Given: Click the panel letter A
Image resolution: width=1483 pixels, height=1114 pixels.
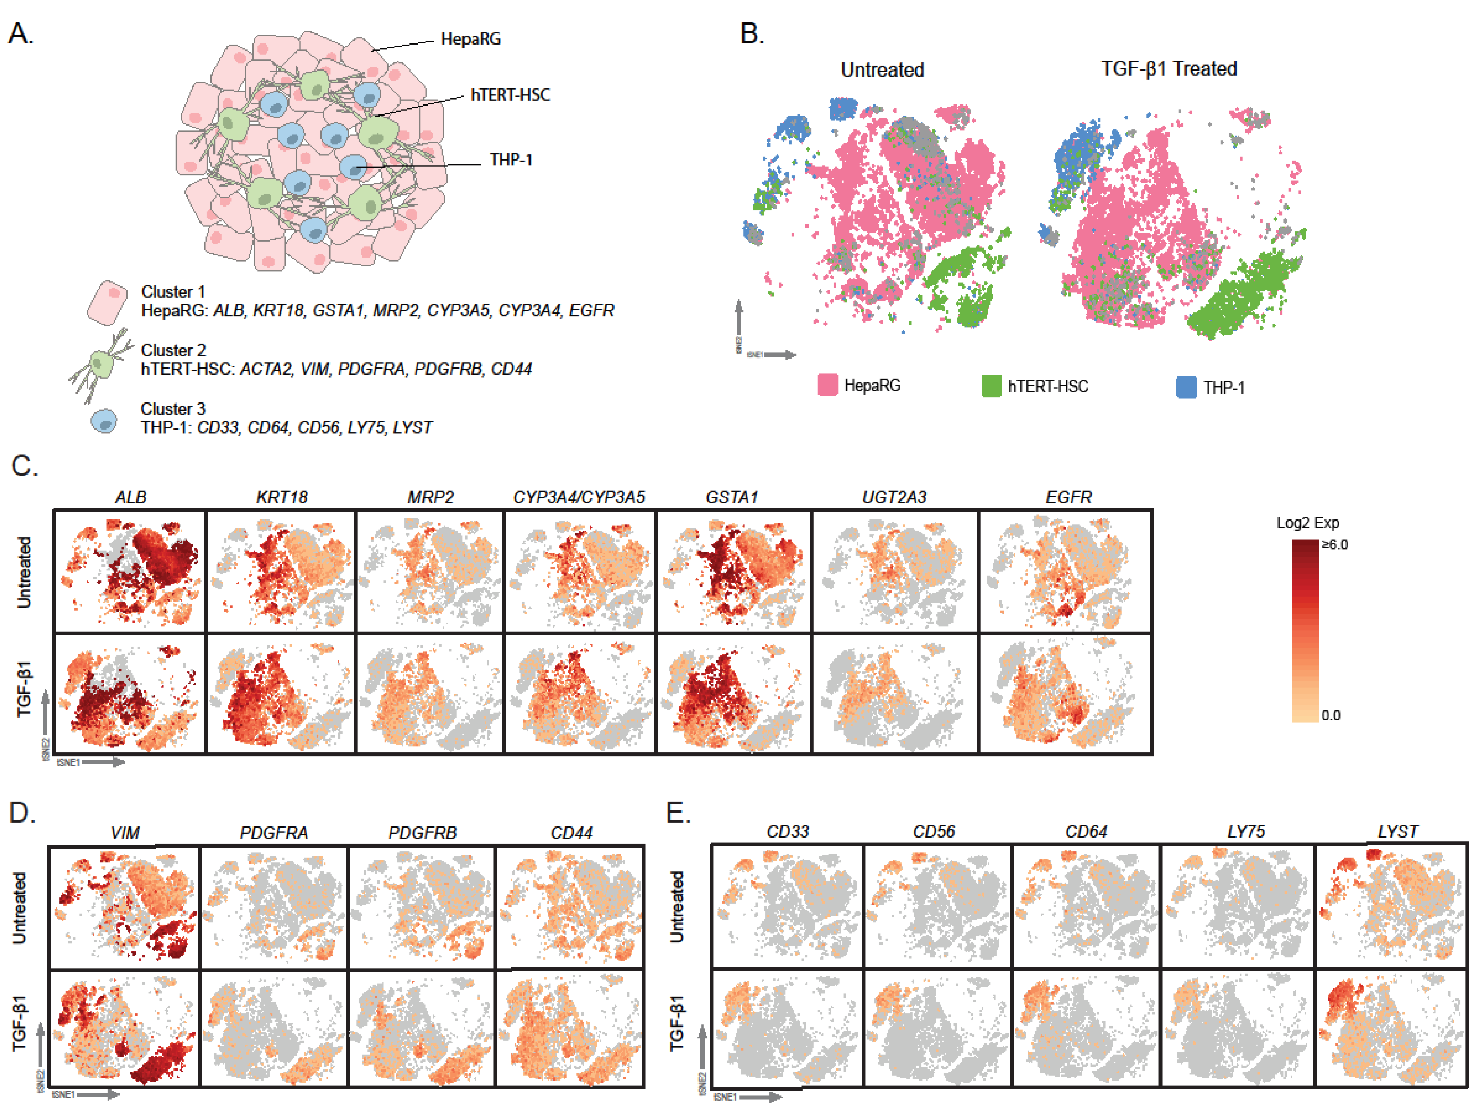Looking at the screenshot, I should click(20, 33).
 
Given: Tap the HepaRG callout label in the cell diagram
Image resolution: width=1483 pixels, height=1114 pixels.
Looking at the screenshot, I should click(471, 39).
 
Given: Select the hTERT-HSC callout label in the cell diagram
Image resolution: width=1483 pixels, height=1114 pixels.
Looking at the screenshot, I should click(510, 94).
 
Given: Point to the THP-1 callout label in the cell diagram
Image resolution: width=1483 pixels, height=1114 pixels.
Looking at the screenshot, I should click(511, 159).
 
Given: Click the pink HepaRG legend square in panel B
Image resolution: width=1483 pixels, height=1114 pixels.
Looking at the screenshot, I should click(827, 385).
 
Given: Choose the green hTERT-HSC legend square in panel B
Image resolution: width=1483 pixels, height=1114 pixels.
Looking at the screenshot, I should click(991, 386).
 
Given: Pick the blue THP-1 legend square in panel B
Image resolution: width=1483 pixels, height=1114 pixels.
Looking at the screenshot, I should click(1186, 388).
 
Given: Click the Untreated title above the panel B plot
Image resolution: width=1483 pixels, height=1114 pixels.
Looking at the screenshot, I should click(882, 70).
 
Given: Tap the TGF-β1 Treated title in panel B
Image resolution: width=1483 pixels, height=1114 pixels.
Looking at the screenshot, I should click(1168, 68).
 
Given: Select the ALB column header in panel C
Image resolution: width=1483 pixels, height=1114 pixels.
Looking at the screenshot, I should click(131, 497).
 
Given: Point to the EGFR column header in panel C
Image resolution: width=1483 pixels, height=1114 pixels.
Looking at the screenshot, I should click(1069, 497).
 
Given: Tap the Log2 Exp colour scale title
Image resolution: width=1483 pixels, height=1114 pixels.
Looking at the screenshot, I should click(1308, 523).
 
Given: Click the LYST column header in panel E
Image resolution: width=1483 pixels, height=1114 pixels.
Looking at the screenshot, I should click(1398, 832).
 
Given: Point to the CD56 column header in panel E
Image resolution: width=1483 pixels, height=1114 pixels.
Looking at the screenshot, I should click(934, 832).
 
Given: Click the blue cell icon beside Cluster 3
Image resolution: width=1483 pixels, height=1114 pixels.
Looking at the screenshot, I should click(104, 421).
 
